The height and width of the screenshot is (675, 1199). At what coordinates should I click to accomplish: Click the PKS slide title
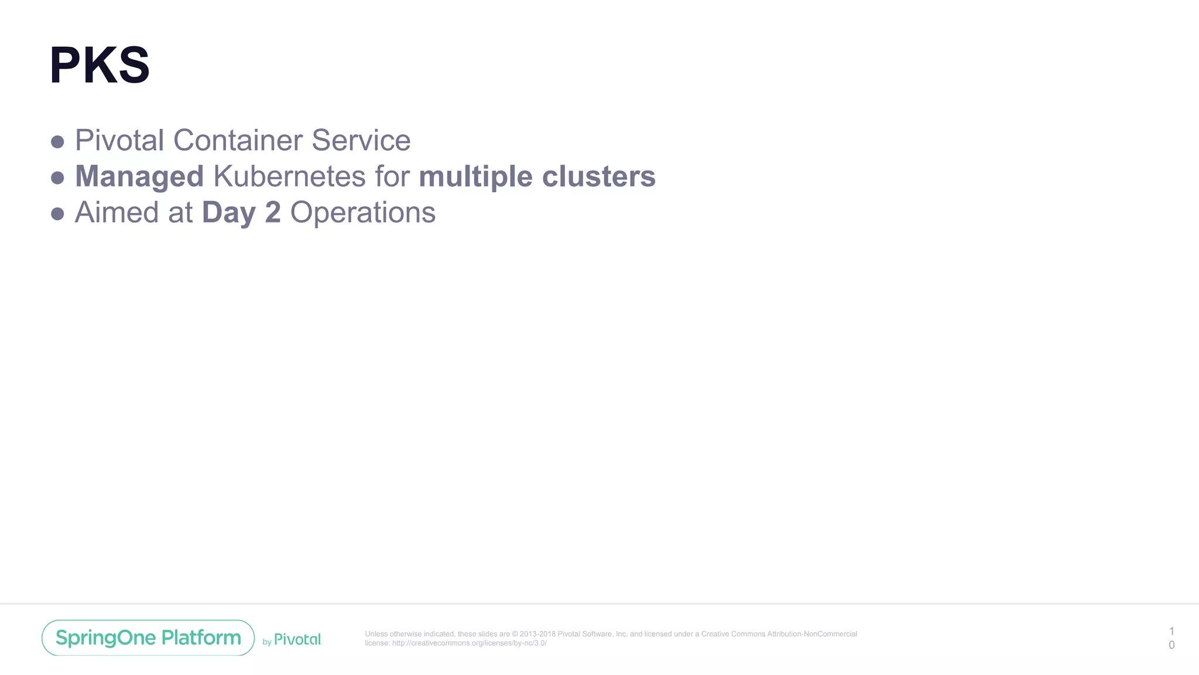click(x=100, y=65)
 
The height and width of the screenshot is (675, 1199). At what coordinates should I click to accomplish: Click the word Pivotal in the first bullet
click(x=119, y=141)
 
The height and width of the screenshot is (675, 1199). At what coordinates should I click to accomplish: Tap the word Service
click(x=361, y=141)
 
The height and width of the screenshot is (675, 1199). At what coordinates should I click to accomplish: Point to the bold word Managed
click(x=139, y=177)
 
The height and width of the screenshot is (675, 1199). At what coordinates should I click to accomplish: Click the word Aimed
click(x=117, y=212)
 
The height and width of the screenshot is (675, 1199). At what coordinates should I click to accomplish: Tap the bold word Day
click(x=228, y=213)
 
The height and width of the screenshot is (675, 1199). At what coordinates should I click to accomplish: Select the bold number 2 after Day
click(x=273, y=212)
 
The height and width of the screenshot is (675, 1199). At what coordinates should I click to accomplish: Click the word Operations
click(x=363, y=213)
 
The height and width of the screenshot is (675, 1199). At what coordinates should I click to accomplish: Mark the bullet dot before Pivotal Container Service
click(x=57, y=142)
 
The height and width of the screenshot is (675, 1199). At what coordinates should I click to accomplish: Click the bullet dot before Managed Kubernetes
click(x=57, y=178)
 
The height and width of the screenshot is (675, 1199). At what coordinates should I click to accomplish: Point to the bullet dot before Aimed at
click(x=57, y=214)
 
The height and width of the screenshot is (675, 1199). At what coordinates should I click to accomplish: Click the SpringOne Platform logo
click(x=148, y=637)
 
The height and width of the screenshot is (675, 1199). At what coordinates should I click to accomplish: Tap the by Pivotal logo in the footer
click(x=292, y=640)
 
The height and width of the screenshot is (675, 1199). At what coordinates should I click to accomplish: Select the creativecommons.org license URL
click(x=469, y=643)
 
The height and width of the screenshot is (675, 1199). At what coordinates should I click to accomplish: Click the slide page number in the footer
click(x=1171, y=638)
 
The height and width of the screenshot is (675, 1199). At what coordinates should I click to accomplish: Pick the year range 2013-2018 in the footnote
click(x=537, y=634)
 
